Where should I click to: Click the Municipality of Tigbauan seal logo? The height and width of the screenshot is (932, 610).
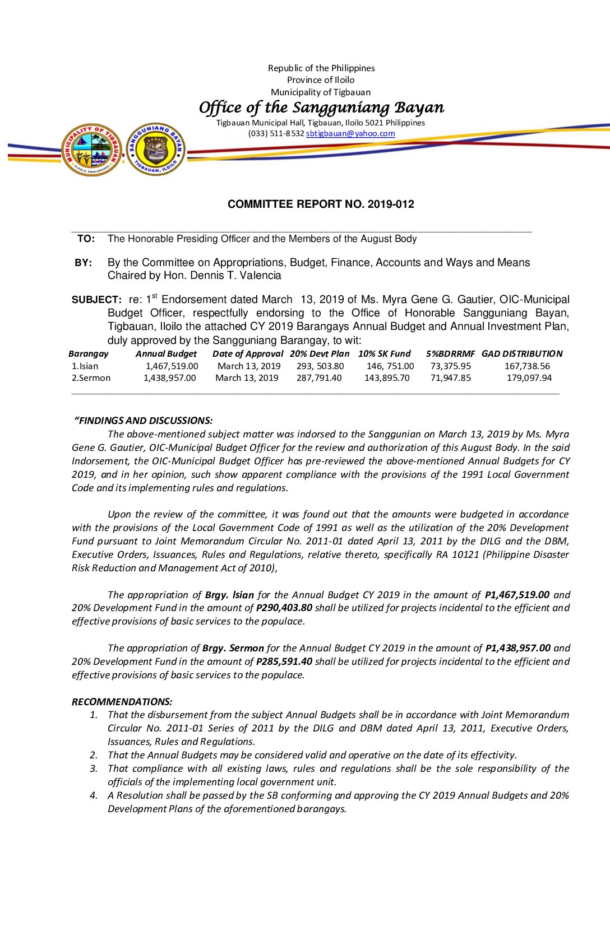(91, 150)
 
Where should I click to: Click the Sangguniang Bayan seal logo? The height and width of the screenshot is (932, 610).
(156, 149)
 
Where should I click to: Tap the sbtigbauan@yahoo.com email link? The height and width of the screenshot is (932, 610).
(350, 134)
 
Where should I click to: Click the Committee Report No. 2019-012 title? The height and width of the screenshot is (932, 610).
(321, 204)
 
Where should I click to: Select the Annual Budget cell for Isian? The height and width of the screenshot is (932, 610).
(172, 366)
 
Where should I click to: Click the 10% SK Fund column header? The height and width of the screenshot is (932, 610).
(384, 354)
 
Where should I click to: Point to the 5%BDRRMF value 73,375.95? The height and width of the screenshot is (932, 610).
(450, 366)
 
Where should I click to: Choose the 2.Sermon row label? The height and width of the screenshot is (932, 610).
(91, 378)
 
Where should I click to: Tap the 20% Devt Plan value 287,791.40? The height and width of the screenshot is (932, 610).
(319, 378)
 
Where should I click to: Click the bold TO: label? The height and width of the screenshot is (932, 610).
(86, 239)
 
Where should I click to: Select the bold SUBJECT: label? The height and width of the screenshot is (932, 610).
(96, 300)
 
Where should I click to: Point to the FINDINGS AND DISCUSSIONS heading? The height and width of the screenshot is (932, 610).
(144, 421)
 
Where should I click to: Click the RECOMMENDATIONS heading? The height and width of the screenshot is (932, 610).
(122, 702)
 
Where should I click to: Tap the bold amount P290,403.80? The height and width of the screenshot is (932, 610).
(284, 608)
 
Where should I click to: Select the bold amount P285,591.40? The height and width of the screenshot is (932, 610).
(284, 661)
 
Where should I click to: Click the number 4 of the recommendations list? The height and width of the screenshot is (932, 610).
(94, 796)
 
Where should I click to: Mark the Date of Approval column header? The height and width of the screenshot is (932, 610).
(248, 354)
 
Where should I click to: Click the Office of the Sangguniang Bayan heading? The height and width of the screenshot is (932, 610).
(321, 108)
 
